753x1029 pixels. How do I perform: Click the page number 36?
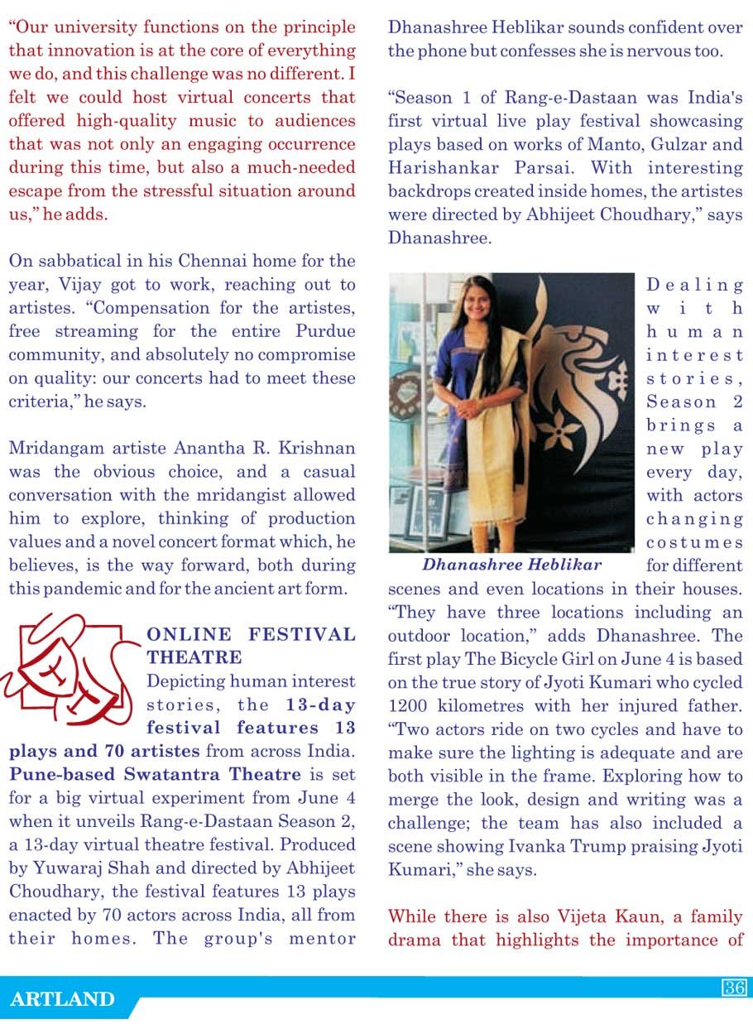(734, 987)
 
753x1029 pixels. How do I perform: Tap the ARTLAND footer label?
(62, 999)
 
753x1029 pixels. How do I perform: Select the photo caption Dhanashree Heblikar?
(511, 565)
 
